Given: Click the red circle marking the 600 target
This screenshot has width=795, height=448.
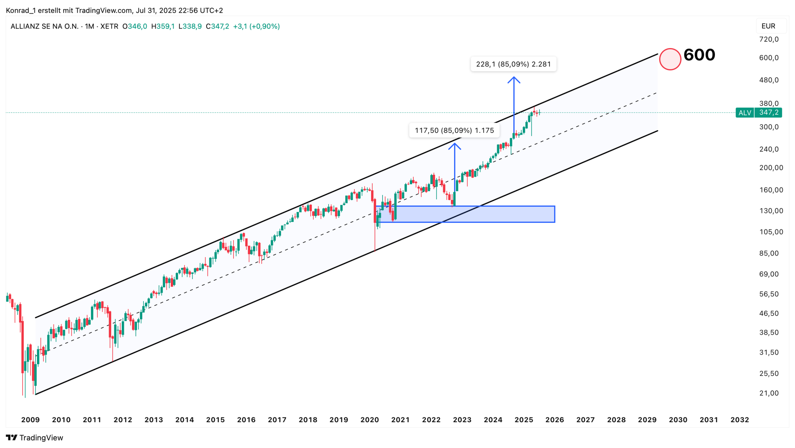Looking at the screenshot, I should point(670,59).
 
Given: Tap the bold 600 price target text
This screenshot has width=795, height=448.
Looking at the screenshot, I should point(699,55).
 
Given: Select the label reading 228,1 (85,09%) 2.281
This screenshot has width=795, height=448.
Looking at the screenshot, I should point(513,64).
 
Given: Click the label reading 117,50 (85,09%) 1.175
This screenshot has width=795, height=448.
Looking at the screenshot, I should point(454,130).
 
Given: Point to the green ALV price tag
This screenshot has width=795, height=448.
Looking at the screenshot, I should point(758,112).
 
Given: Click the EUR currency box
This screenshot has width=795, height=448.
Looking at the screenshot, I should point(768,26).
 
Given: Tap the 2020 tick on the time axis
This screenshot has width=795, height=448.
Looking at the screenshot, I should point(370,420).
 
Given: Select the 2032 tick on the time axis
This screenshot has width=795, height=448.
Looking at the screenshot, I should point(739,420).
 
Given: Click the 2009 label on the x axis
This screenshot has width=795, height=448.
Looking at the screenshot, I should point(30,420).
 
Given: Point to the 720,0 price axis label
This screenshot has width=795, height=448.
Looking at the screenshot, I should point(769,39).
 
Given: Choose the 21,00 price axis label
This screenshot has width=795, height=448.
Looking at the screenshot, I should point(769,393).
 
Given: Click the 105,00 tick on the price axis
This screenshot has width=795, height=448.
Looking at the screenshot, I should point(771,232).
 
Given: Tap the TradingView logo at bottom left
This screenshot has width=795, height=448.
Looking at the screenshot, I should point(34,438).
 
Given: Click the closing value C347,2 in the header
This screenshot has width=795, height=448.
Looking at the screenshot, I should point(217,26).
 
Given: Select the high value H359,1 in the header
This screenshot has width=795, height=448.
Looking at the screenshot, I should point(163,26).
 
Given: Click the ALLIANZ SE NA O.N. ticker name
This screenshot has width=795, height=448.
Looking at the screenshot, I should point(44,26).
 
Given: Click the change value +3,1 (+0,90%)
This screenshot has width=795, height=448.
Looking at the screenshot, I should point(256,26).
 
